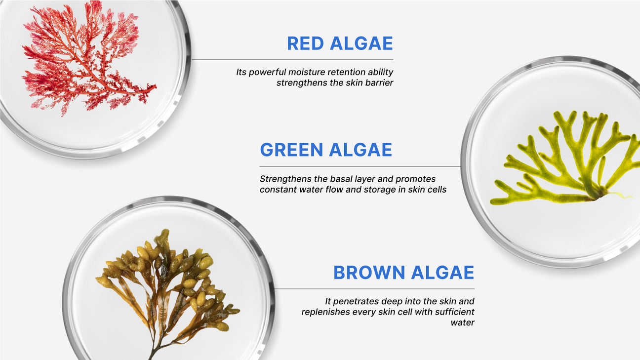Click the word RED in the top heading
coord(305,43)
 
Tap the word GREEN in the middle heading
coord(291,150)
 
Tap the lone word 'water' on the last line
coord(463,323)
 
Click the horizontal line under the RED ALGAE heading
coord(292,60)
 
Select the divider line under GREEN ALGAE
coord(360,166)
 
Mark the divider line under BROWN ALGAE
coord(374,289)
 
